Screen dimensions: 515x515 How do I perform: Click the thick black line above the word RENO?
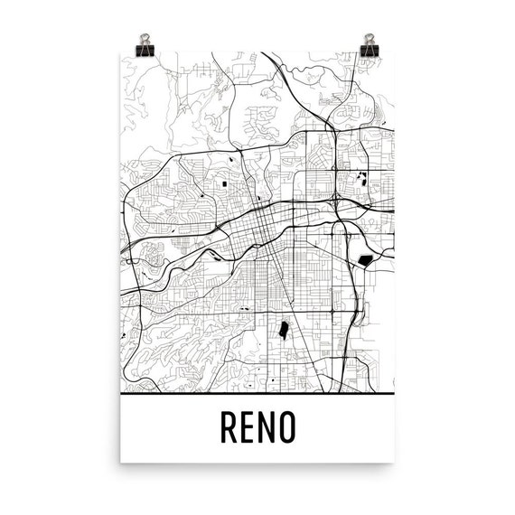tap(257, 396)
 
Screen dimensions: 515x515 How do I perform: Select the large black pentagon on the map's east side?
tap(366, 260)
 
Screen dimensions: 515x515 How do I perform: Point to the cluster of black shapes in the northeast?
tap(364, 178)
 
